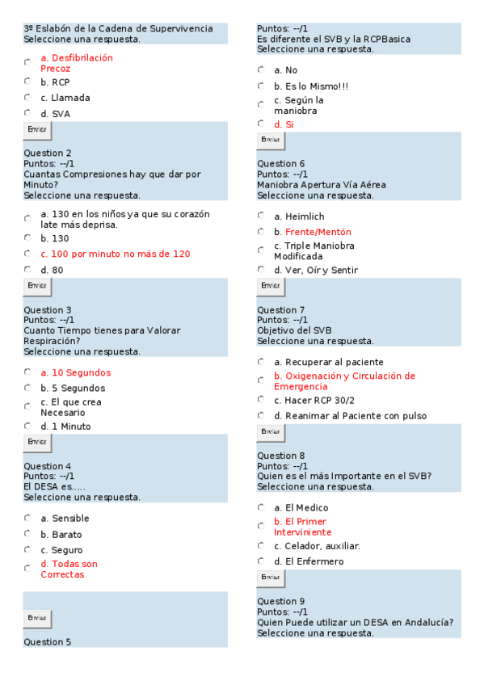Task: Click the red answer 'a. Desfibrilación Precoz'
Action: coord(76,63)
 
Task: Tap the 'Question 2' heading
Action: coord(48,153)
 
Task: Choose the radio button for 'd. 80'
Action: coord(27,269)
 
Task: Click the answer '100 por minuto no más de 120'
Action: coord(116,254)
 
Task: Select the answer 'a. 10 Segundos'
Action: coord(76,372)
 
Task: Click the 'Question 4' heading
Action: coord(48,466)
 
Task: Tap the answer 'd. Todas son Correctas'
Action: coord(69,569)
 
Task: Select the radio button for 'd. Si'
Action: coord(261,124)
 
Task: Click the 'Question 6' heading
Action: coord(281,164)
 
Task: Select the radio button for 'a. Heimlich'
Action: coord(261,216)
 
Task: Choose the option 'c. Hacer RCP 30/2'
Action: coord(314,400)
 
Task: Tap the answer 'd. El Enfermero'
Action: coord(309,561)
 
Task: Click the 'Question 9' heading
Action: coord(281,601)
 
